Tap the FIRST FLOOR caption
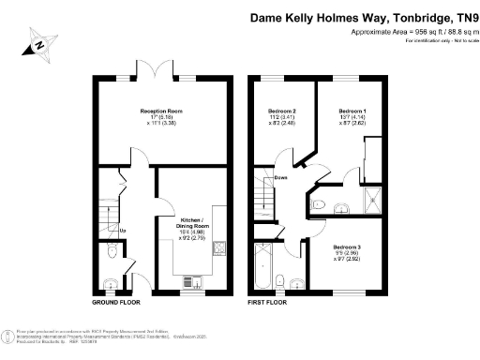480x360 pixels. tap(267, 304)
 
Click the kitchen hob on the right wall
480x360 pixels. tap(218, 248)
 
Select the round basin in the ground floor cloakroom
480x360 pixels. tap(112, 285)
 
